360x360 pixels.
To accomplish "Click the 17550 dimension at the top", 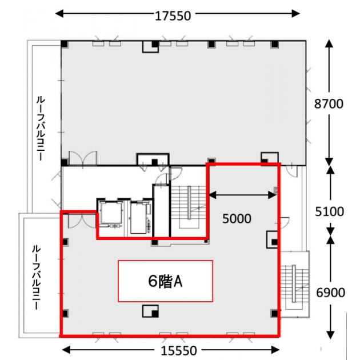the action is [173, 16].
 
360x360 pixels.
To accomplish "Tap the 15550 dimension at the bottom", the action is [179, 351].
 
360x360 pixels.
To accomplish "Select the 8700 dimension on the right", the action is [329, 103].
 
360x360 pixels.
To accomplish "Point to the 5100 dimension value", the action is [330, 211].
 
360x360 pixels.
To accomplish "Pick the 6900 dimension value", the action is [330, 293].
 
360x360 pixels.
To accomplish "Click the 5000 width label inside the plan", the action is [237, 218].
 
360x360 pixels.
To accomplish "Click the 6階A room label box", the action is [165, 281].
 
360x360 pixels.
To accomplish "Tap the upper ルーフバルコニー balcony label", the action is [41, 129].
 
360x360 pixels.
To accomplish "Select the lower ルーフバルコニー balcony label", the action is [36, 278].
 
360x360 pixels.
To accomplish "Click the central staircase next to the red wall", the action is [189, 207].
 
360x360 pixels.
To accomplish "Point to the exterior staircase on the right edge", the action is [294, 284].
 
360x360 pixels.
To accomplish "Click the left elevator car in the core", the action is [111, 213].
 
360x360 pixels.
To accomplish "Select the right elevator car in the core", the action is [138, 218].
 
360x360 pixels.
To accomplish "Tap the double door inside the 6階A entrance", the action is [82, 221].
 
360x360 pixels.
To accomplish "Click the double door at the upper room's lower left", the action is [83, 158].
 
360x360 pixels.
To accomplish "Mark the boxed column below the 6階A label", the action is [150, 311].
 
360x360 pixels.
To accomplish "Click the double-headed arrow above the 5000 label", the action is [242, 195].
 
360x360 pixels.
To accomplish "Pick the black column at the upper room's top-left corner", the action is [65, 44].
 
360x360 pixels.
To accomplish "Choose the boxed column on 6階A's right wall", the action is [273, 239].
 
